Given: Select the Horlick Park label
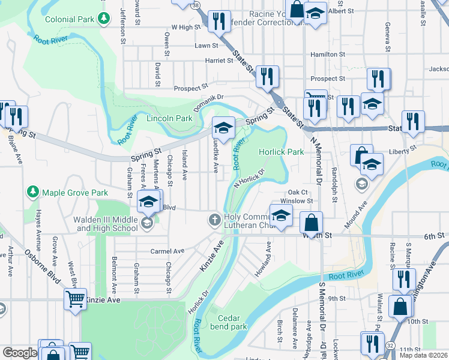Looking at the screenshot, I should pos(281,152).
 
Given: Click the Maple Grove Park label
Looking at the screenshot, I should pos(74,193).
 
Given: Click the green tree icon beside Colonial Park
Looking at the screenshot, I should pos(105,19).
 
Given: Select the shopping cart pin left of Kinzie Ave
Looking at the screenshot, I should pos(76,298).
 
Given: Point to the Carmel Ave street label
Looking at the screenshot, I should pos(167,251).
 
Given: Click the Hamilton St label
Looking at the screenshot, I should pos(328,55).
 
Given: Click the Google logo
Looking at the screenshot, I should pos(20,353).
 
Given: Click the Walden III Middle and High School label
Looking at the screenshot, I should pos(106,224).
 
